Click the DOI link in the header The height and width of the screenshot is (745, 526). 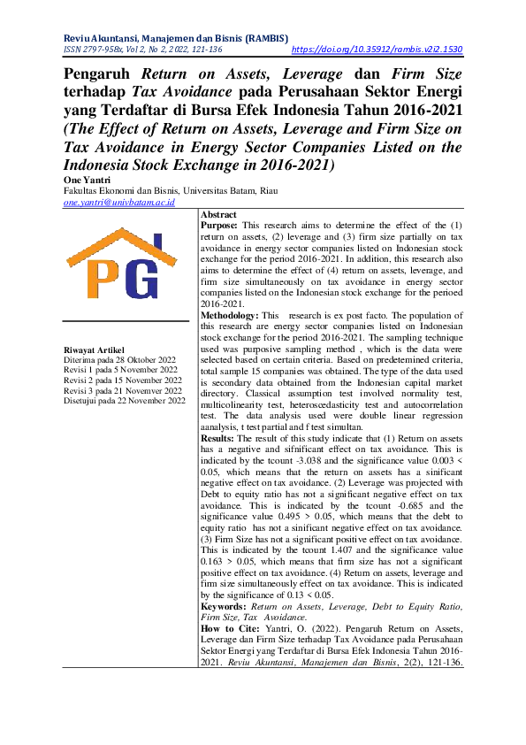coord(377,51)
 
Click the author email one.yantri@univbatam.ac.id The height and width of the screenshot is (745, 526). coord(118,202)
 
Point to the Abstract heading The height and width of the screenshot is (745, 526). coord(218,215)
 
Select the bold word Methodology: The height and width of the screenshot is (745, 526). coord(228,316)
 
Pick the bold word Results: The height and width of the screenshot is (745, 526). coord(217,437)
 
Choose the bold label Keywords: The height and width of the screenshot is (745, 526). coord(224,607)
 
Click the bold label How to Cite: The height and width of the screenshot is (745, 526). coord(227,627)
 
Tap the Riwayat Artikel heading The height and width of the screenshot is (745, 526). coord(95,350)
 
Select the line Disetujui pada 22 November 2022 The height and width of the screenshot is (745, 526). coord(125,400)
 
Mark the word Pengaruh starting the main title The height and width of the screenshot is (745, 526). coord(100,75)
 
